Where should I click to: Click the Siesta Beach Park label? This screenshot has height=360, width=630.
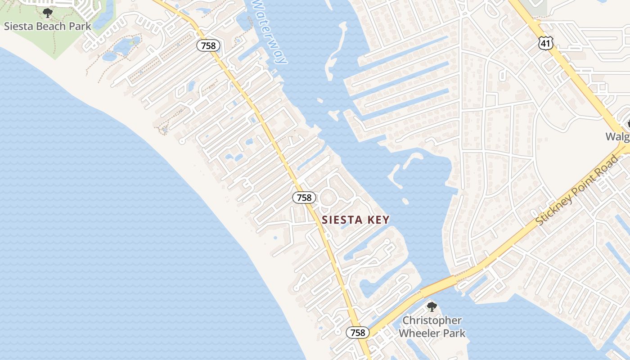(47, 26)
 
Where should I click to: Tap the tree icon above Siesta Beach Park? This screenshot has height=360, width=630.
(47, 13)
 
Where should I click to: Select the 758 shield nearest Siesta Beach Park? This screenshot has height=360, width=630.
(208, 45)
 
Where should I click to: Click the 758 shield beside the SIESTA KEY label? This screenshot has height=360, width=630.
(304, 197)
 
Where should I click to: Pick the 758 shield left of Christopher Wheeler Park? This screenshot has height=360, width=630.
(357, 333)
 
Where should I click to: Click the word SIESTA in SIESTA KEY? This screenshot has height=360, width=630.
(342, 220)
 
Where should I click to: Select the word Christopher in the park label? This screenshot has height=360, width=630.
(432, 320)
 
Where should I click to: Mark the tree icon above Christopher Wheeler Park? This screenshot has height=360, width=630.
(432, 307)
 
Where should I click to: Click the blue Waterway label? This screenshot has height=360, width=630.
(269, 31)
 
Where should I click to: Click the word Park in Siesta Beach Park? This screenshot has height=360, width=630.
(81, 26)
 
